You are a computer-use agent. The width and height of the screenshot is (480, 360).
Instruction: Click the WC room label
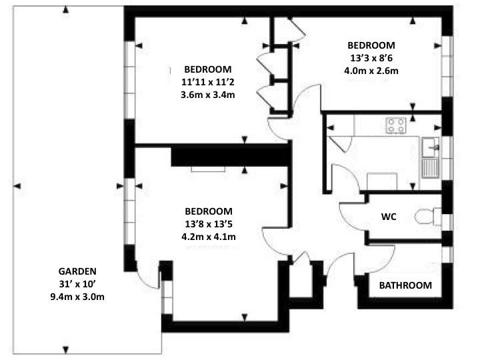pyautogui.click(x=389, y=217)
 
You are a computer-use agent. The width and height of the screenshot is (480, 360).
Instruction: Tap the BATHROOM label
pyautogui.click(x=405, y=285)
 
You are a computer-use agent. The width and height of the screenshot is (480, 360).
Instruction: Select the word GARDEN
pyautogui.click(x=77, y=271)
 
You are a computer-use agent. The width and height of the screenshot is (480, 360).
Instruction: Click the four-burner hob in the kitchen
pyautogui.click(x=396, y=125)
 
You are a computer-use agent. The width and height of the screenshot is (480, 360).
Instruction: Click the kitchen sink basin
pyautogui.click(x=431, y=147)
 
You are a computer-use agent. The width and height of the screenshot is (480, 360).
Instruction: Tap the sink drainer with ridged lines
pyautogui.click(x=431, y=168)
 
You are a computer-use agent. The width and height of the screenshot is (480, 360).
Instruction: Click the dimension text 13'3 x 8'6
pyautogui.click(x=371, y=58)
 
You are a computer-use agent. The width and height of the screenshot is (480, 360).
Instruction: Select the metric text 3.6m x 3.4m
pyautogui.click(x=208, y=95)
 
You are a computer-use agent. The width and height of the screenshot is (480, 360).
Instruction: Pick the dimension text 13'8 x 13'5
pyautogui.click(x=209, y=224)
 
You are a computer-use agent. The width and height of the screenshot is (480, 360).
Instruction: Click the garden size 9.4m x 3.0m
pyautogui.click(x=77, y=297)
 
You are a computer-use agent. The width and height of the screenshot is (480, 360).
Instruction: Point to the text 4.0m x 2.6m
pyautogui.click(x=371, y=71)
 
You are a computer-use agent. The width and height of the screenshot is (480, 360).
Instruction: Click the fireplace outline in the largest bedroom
pyautogui.click(x=208, y=169)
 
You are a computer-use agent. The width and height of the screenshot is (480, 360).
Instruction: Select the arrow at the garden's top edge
pyautogui.click(x=65, y=10)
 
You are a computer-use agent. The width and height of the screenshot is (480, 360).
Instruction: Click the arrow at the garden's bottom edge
pyautogui.click(x=65, y=349)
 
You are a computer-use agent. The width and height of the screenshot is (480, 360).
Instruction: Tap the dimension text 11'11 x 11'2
pyautogui.click(x=208, y=82)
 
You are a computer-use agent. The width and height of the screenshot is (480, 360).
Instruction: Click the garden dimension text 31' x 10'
pyautogui.click(x=77, y=284)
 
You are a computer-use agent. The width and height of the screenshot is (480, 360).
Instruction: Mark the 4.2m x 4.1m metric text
pyautogui.click(x=209, y=237)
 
